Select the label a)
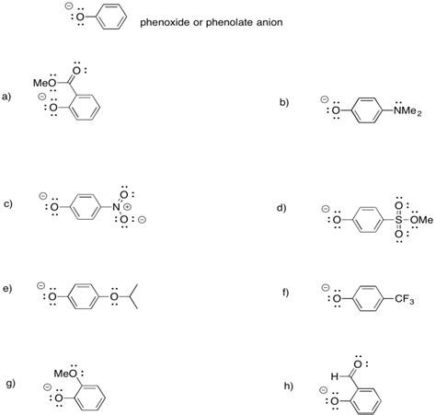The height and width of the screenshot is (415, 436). [8, 96]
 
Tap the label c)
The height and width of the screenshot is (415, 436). [8, 203]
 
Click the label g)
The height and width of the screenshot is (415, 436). [8, 382]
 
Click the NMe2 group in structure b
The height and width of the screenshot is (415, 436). [407, 112]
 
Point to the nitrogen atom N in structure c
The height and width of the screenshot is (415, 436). [117, 208]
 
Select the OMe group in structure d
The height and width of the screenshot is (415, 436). [423, 219]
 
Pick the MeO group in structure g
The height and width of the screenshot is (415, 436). [67, 373]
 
